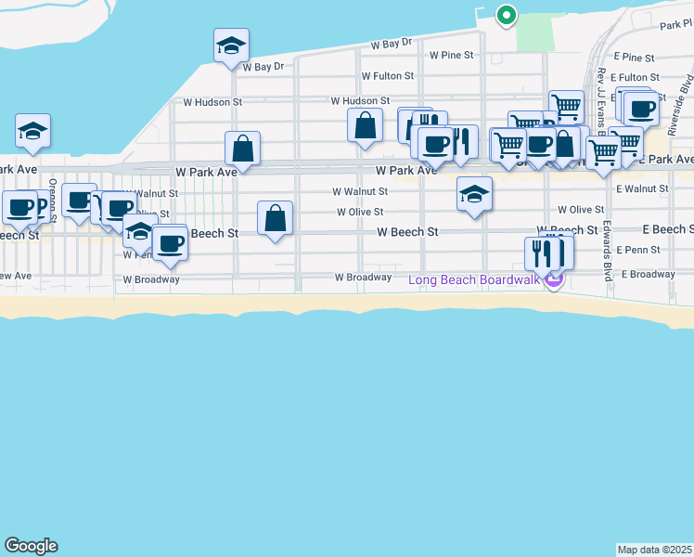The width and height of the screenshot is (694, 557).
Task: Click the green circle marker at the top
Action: click(506, 15)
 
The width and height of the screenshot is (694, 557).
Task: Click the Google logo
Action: click(31, 546)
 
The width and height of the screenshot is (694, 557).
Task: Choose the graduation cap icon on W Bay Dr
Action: click(231, 45)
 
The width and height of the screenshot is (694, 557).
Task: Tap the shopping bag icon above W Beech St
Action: click(275, 219)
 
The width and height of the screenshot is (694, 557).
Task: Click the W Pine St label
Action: click(451, 56)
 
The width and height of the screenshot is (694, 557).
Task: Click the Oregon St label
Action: click(53, 200)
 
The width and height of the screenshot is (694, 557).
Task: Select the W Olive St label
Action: click(359, 213)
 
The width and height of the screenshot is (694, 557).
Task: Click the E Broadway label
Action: click(649, 274)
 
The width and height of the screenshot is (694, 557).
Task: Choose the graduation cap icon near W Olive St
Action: click(474, 194)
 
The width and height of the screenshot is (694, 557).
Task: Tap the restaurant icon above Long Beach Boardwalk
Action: click(549, 252)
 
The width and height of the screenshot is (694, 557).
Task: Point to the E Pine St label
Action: click(634, 58)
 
